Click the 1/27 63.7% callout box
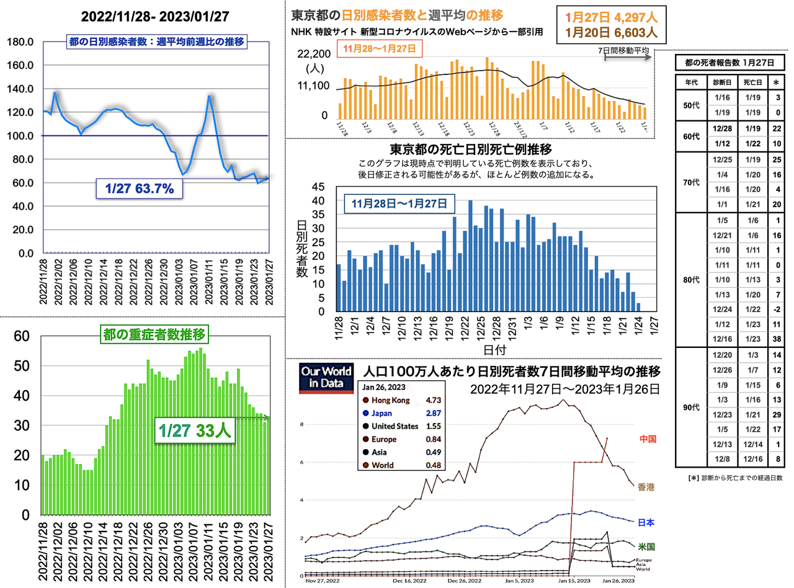pyautogui.click(x=139, y=188)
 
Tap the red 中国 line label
pyautogui.click(x=646, y=439)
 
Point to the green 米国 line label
pyautogui.click(x=646, y=546)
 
